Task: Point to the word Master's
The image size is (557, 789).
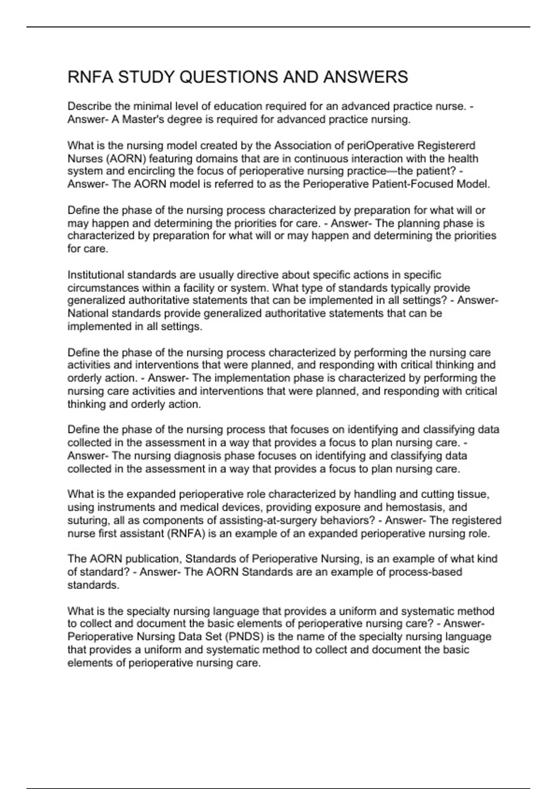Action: click(138, 120)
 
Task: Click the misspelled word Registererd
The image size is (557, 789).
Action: click(445, 146)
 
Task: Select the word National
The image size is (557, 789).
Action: click(87, 313)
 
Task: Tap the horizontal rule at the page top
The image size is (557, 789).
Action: click(278, 27)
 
